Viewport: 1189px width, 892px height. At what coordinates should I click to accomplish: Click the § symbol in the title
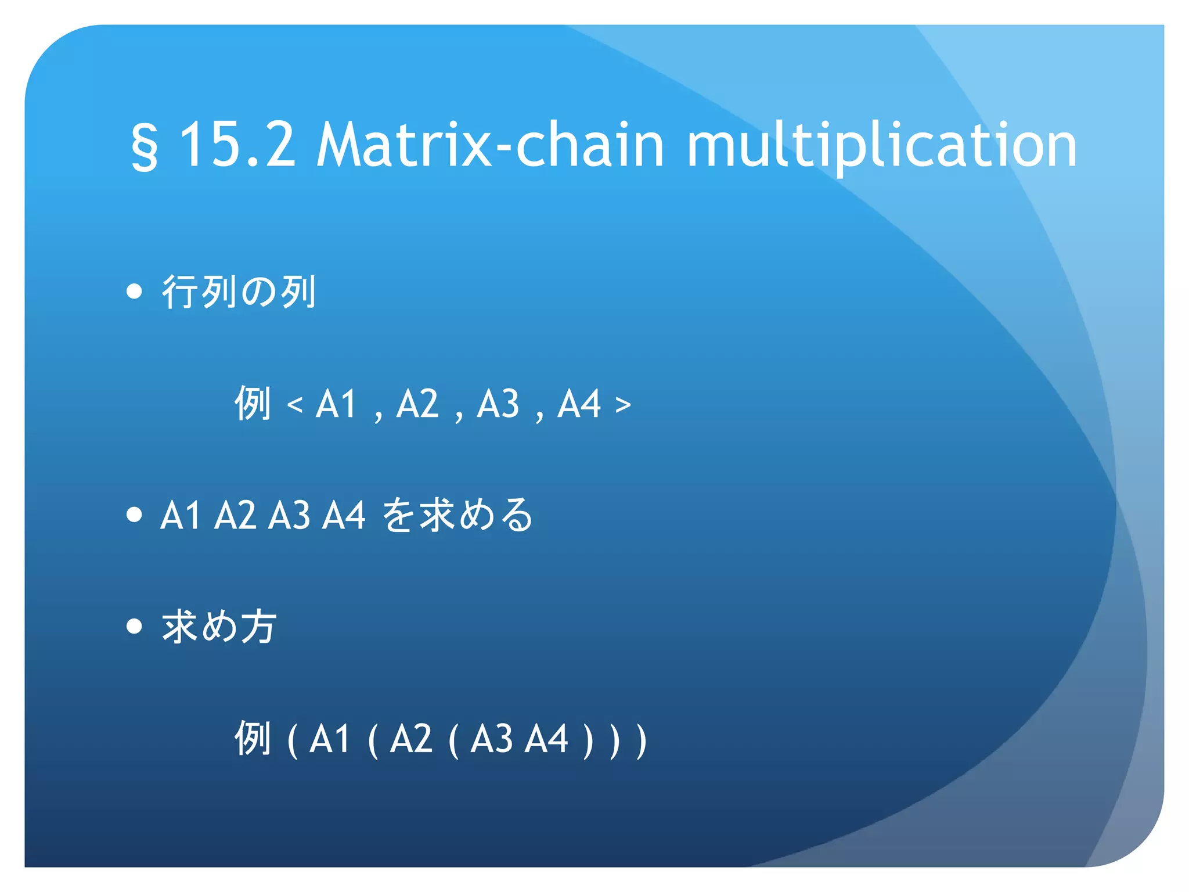145,146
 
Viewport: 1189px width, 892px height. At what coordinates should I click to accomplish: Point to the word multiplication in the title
881,145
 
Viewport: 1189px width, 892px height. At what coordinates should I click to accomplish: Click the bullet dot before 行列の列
134,291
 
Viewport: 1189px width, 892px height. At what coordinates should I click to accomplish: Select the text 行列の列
239,292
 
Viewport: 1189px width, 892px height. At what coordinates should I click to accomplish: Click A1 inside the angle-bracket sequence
336,404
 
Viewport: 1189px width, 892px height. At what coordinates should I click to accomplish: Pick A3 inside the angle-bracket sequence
498,404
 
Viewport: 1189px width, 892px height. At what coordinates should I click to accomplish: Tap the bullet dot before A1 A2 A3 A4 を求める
134,515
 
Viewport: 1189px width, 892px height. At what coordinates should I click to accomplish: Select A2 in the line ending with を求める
235,515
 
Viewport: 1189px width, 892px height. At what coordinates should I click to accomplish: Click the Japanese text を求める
457,515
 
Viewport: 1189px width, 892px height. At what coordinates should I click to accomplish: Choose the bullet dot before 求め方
134,626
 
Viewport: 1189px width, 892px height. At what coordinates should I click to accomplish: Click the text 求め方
219,627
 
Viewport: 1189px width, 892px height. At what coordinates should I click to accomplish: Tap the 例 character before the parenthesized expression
253,739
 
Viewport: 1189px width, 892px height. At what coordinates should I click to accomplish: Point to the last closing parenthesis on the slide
641,740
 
